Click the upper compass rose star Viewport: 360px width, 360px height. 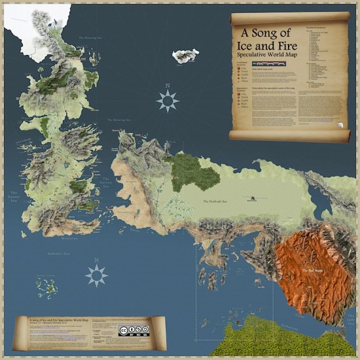coord(168,100)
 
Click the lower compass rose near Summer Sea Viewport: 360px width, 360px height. coord(96,275)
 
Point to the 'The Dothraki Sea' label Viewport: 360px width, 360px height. coord(218,202)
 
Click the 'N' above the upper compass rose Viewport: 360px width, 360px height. coord(168,86)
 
